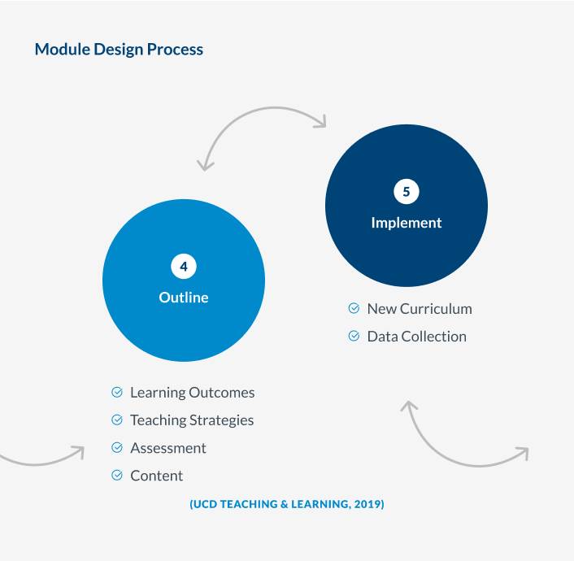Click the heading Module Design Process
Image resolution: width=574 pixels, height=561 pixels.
(x=119, y=50)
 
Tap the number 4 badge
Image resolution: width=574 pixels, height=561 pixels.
(x=184, y=266)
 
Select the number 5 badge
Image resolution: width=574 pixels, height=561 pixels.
(x=407, y=192)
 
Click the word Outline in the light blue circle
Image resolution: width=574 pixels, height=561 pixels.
(x=184, y=298)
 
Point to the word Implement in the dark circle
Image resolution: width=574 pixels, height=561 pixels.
(x=407, y=223)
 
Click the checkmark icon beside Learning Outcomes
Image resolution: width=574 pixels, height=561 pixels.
(x=117, y=393)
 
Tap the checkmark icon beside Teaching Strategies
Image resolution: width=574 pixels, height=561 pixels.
(x=117, y=420)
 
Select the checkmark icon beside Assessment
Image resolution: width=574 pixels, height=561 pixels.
(x=117, y=448)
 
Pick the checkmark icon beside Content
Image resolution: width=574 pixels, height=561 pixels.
(x=117, y=476)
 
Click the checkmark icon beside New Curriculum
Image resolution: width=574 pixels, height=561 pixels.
(x=354, y=309)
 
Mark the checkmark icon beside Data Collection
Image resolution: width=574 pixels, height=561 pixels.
(x=354, y=337)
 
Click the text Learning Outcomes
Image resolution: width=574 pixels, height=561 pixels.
(x=193, y=393)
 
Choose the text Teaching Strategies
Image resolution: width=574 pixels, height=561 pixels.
(x=192, y=420)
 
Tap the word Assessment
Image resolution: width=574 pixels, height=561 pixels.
(x=168, y=448)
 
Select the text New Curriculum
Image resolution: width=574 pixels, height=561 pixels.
(x=420, y=309)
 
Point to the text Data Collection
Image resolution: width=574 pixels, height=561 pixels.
(x=417, y=337)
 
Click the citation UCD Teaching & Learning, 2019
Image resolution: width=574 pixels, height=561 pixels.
(x=287, y=505)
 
